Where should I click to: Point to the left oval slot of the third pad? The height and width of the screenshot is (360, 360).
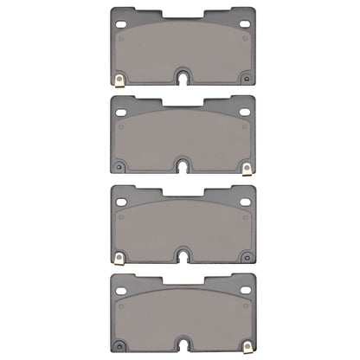tap(120, 200)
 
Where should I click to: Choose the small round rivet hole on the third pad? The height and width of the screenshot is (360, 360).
tap(246, 256)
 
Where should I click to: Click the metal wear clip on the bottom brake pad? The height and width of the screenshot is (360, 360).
tap(247, 345)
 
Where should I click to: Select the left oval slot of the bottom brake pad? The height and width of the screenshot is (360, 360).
tap(120, 290)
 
